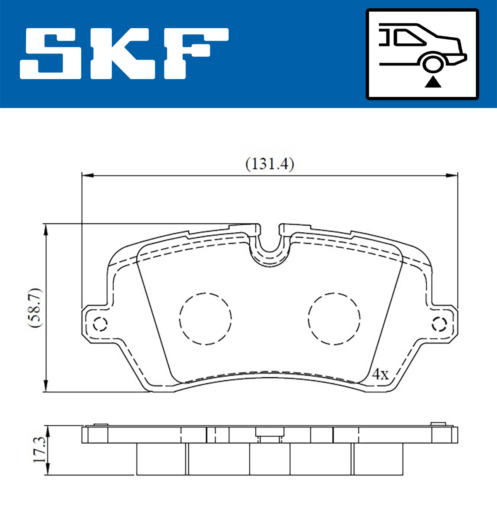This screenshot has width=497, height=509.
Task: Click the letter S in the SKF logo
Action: [51, 53]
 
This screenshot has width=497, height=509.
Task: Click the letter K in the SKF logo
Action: [123, 53]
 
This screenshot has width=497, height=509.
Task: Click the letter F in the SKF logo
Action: [196, 53]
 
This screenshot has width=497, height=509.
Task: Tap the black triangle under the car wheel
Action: [433, 82]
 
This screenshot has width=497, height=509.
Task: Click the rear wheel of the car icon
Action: [433, 64]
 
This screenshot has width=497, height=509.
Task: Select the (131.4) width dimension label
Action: [270, 164]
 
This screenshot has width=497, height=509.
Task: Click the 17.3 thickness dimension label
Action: [39, 449]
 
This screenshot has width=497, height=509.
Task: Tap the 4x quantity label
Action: [380, 374]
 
